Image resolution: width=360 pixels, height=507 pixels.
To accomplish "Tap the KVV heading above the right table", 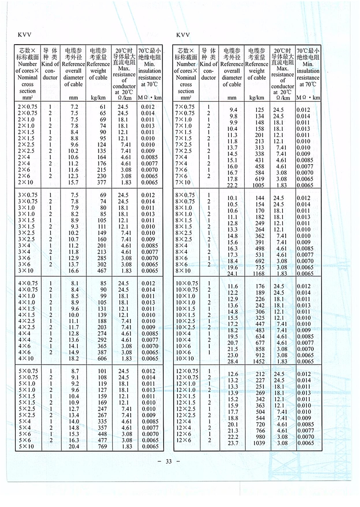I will point(183,35).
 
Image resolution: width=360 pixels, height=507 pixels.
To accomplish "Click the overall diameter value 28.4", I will point(232,361).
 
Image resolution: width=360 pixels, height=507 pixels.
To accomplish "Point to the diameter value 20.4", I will point(74,446).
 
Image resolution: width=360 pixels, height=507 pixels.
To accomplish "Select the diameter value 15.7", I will point(74,182).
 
